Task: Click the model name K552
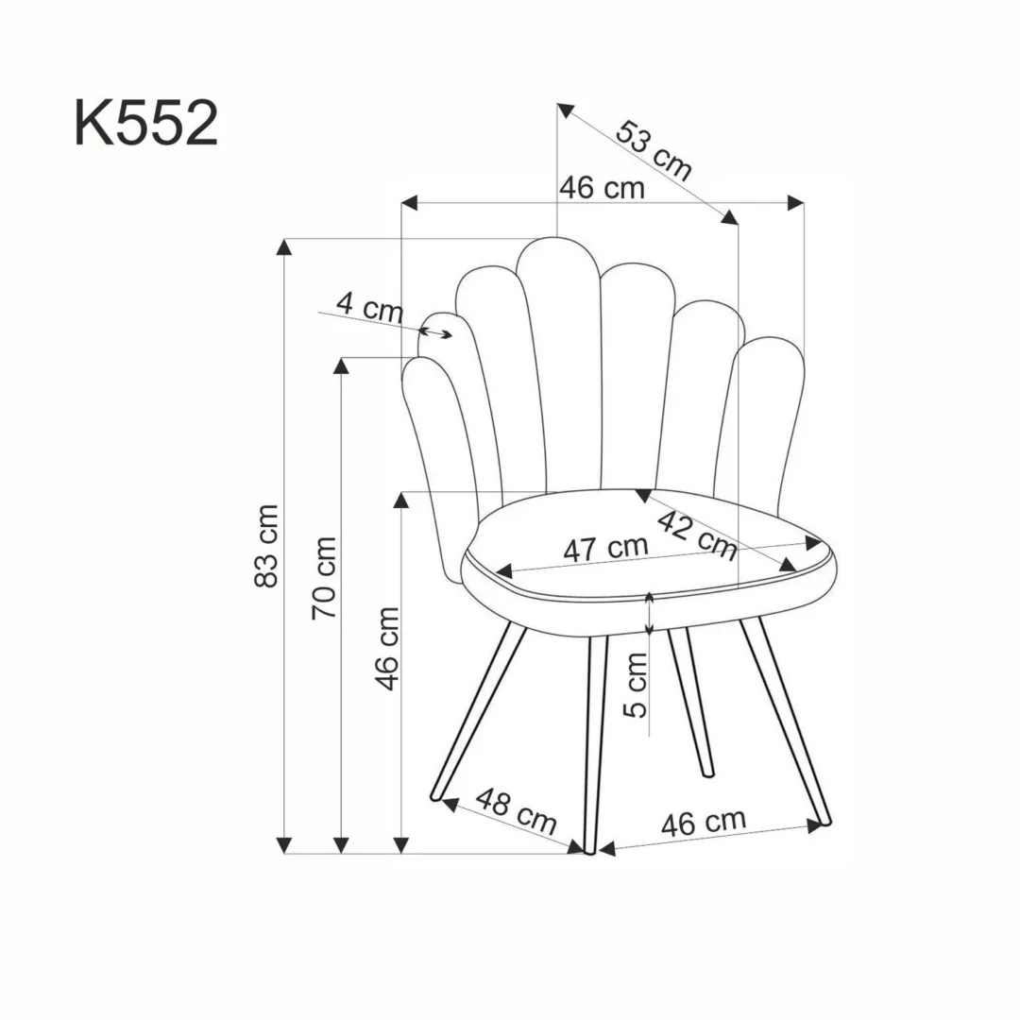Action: point(146,125)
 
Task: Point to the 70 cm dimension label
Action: point(325,577)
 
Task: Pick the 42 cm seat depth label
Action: point(697,534)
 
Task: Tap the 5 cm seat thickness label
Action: point(639,685)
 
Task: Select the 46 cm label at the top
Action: point(602,188)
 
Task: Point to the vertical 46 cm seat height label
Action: point(388,648)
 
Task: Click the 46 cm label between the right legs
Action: point(703,822)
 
